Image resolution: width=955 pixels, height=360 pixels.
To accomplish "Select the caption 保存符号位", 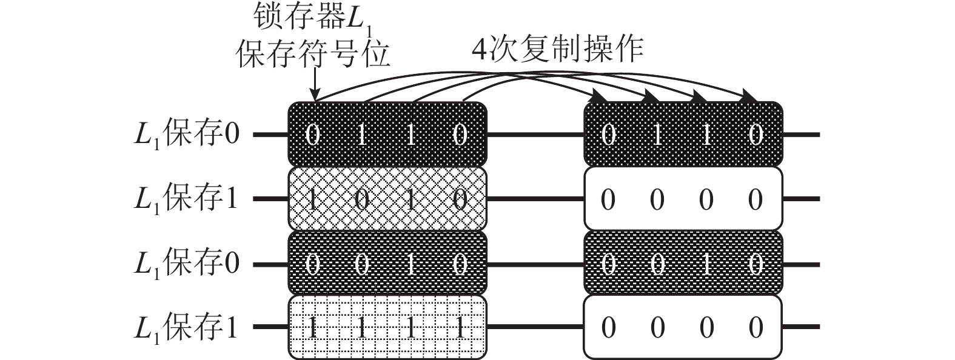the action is point(313,54).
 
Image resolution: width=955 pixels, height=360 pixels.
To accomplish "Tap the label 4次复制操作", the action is point(558,50).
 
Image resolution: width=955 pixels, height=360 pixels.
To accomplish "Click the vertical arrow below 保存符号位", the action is point(315,84).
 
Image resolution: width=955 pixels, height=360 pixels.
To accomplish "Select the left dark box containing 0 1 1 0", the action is point(387,134).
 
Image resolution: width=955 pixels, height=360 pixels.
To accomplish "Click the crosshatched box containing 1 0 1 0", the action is point(387,199).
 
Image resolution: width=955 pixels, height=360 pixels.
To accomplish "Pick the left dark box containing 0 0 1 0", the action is point(387,263).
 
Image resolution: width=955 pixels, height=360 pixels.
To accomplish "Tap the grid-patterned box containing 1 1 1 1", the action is point(387,327).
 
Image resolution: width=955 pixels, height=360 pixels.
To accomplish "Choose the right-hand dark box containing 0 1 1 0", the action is point(683,134).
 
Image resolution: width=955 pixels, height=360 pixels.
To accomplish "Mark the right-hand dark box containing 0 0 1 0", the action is point(683,263).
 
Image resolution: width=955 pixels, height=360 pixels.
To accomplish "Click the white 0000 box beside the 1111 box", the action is point(683,327).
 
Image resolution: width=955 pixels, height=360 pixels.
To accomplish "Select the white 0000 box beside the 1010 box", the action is point(683,199).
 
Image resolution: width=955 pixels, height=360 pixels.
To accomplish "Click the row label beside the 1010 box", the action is point(186,199).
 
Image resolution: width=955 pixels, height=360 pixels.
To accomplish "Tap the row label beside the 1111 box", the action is point(186,328).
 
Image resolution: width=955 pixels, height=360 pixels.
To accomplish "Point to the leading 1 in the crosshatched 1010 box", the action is point(312,199).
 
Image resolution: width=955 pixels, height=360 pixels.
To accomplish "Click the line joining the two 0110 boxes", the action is point(535,135).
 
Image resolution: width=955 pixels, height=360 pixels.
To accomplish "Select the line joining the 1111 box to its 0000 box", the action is point(535,327).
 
